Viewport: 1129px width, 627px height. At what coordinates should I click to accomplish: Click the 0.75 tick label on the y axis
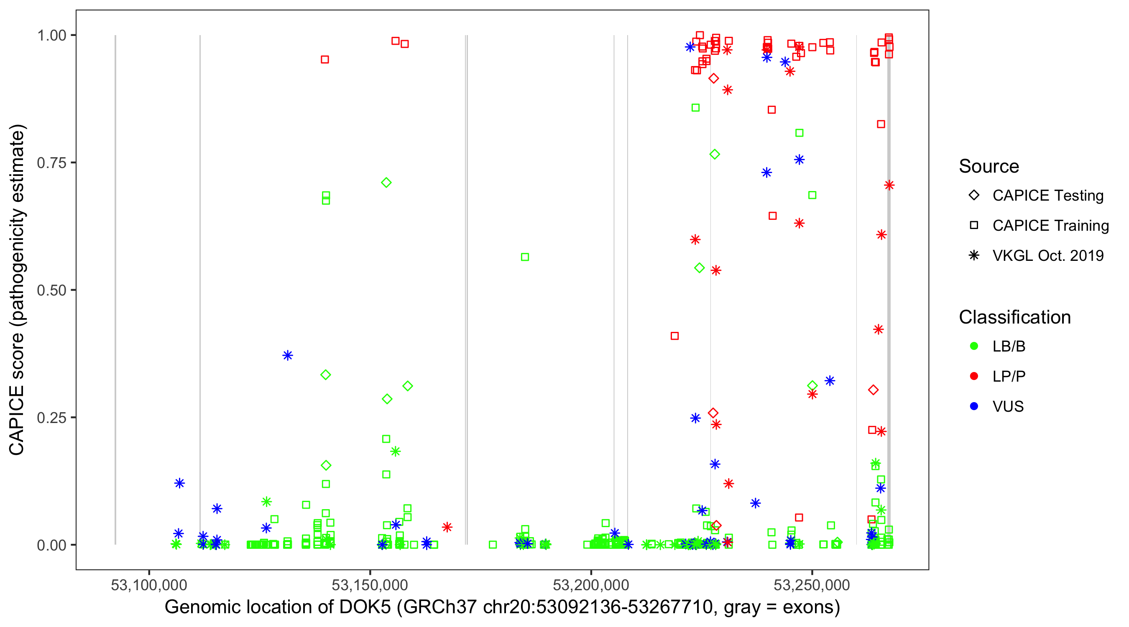(51, 163)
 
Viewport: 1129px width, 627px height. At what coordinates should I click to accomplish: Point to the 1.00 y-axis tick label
(51, 36)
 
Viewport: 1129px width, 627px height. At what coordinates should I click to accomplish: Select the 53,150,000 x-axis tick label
(370, 585)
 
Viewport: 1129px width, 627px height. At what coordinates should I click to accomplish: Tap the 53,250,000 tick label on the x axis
(812, 585)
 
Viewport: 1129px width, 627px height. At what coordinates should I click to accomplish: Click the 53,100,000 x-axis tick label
(149, 585)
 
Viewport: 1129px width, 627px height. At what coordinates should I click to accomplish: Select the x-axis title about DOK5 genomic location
(502, 607)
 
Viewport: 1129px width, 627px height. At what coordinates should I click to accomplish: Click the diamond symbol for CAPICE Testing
(974, 196)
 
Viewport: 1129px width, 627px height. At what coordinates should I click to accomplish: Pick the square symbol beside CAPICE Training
(974, 226)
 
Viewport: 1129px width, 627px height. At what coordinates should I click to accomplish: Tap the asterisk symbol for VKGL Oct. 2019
(974, 255)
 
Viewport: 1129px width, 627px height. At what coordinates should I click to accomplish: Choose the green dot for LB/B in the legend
(974, 347)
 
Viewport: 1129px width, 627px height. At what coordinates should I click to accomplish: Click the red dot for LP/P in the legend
(974, 376)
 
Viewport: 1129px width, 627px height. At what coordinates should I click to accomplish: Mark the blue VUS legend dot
(974, 407)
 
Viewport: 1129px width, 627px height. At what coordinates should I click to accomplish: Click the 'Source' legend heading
(989, 166)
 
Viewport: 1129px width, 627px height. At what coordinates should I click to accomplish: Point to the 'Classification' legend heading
(1014, 317)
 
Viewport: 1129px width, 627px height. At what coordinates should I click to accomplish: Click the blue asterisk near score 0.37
(288, 355)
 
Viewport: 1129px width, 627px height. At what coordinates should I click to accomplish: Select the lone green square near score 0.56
(525, 257)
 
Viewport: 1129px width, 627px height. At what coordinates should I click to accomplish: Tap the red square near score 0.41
(674, 336)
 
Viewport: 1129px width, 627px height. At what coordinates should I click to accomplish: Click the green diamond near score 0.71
(386, 183)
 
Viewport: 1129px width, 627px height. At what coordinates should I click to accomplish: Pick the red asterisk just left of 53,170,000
(447, 527)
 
